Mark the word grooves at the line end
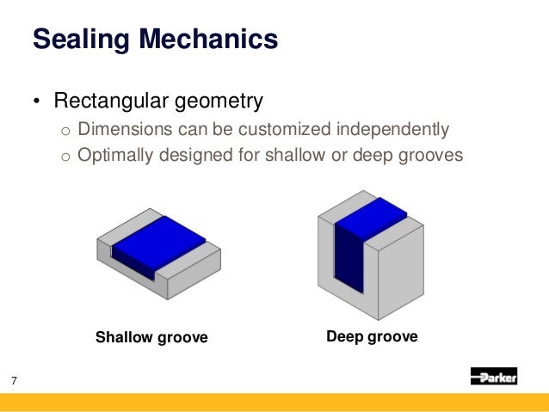point(432,156)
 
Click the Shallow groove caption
point(151,337)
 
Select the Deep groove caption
point(372,336)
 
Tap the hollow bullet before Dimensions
point(64,132)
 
